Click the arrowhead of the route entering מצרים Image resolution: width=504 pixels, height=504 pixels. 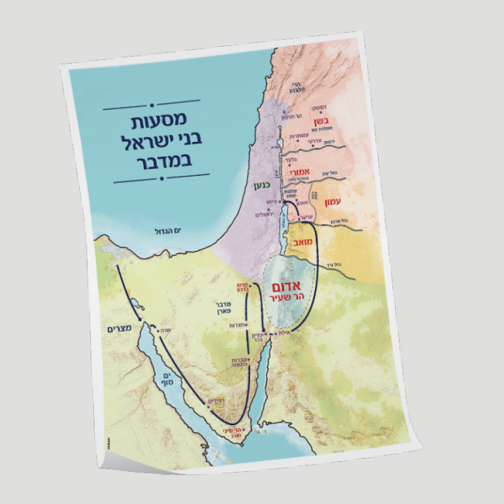point(144,319)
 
